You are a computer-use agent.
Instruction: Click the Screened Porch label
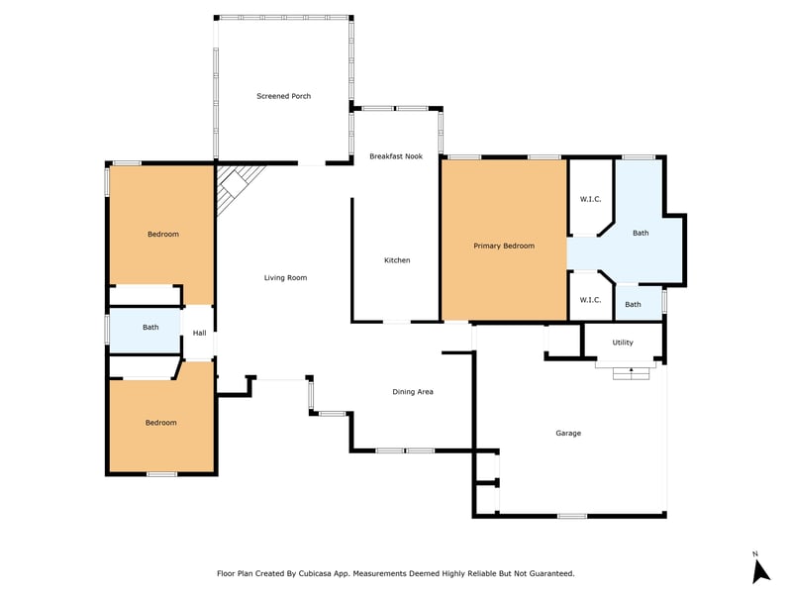pyautogui.click(x=283, y=96)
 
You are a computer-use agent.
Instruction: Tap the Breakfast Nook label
pyautogui.click(x=396, y=156)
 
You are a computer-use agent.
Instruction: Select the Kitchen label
pyautogui.click(x=397, y=260)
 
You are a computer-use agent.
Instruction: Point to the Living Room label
pyautogui.click(x=285, y=278)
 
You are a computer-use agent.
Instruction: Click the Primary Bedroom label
pyautogui.click(x=504, y=246)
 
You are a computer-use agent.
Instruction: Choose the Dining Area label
pyautogui.click(x=413, y=392)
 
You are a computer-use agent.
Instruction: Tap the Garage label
pyautogui.click(x=568, y=433)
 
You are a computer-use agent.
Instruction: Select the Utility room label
pyautogui.click(x=623, y=343)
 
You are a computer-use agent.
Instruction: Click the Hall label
pyautogui.click(x=200, y=333)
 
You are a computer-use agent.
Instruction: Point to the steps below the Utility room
pyautogui.click(x=631, y=374)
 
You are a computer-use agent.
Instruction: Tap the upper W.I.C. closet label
pyautogui.click(x=590, y=199)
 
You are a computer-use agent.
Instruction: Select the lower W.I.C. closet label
pyautogui.click(x=590, y=300)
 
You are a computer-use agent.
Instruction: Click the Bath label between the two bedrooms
pyautogui.click(x=150, y=328)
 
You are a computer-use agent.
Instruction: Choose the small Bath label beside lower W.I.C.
pyautogui.click(x=633, y=305)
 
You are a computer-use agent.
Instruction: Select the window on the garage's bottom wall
pyautogui.click(x=572, y=516)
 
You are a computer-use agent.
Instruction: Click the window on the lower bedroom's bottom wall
pyautogui.click(x=162, y=474)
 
